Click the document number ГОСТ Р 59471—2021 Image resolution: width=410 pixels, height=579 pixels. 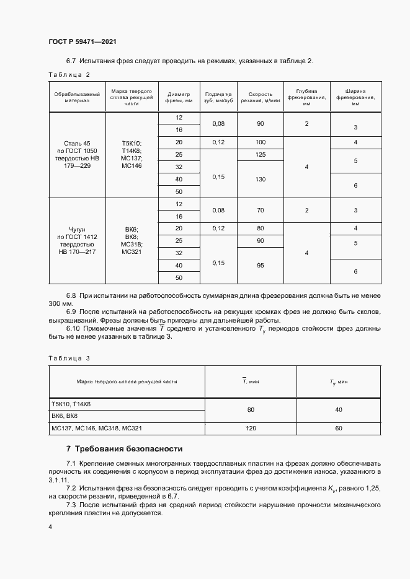82,41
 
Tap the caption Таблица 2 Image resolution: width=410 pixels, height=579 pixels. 69,74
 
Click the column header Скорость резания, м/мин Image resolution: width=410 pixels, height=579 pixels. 260,95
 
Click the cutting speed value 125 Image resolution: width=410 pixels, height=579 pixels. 260,154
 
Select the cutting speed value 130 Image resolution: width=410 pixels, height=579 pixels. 260,179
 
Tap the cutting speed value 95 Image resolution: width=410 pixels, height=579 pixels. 260,266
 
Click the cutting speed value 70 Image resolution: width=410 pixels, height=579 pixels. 260,211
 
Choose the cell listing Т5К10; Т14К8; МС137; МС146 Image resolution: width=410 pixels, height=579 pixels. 131,155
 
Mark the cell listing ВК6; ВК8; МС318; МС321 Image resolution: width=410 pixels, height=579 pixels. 131,241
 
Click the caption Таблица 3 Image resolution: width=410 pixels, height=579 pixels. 69,359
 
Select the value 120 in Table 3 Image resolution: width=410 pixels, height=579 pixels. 251,428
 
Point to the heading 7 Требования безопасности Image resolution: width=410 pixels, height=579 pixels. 124,448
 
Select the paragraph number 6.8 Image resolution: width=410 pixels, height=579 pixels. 71,297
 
